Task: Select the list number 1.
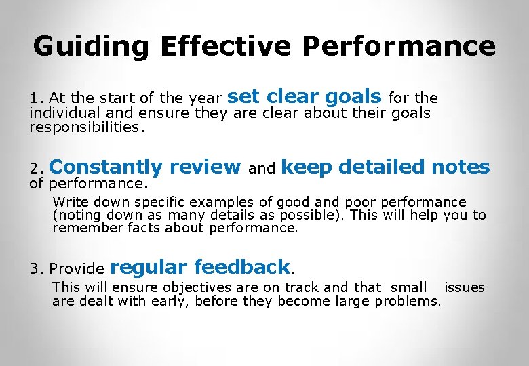(x=35, y=99)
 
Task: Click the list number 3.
(x=35, y=269)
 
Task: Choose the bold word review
(x=205, y=167)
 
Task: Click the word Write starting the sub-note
(x=68, y=202)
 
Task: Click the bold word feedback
(x=242, y=267)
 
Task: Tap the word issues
(x=465, y=287)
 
